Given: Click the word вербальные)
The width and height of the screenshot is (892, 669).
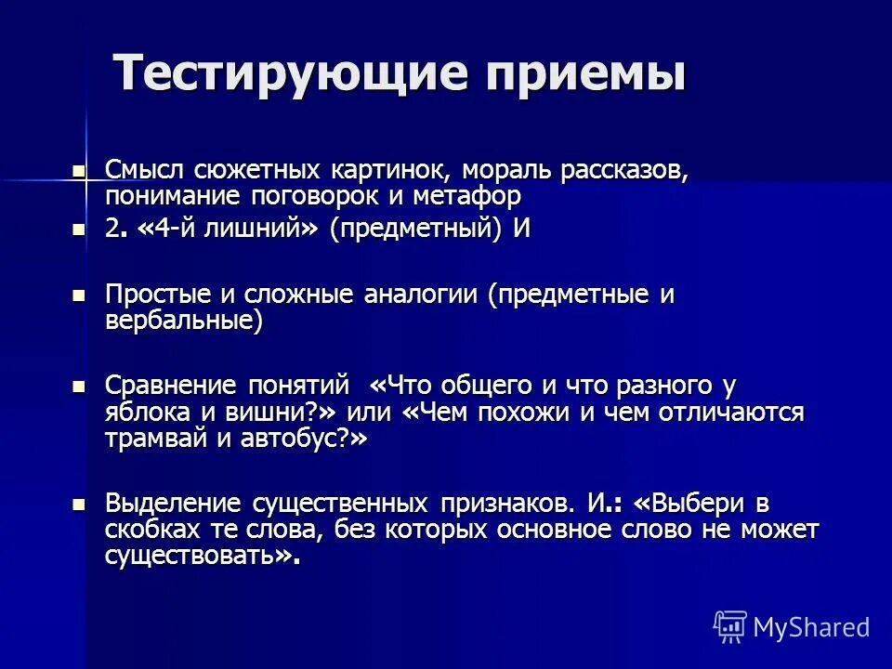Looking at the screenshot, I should [183, 320].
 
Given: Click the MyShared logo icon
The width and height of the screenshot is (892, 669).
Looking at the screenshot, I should [730, 626].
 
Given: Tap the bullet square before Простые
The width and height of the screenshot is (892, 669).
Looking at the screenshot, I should [79, 295].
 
